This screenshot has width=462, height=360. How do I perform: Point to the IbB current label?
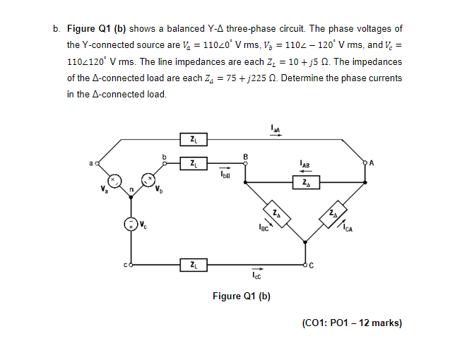tap(223, 173)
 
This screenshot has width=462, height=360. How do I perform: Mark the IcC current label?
tap(258, 277)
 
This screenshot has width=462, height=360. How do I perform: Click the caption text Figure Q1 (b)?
tap(242, 296)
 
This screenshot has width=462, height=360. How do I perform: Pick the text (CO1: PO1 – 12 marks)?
tap(351, 323)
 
